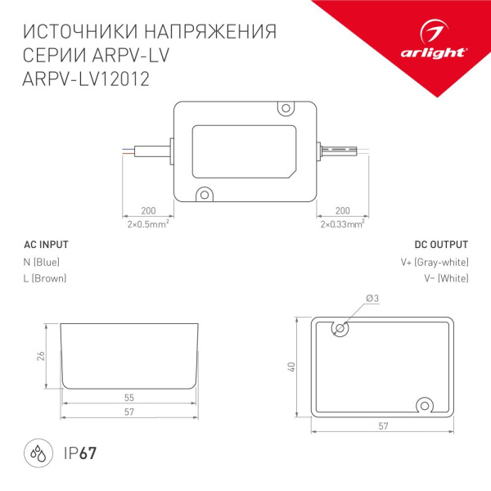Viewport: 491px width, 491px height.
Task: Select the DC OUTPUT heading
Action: pos(441,245)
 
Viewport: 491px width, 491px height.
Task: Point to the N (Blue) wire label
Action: pos(42,262)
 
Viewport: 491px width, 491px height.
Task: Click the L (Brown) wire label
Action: pos(46,279)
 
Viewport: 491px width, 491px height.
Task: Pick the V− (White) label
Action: pos(446,279)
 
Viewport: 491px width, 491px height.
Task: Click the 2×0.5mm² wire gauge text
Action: pos(148,223)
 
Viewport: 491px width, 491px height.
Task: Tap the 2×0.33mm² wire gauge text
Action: pos(341,223)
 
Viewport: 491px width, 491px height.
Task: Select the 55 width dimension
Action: pos(129,397)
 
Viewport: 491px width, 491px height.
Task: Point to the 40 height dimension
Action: pos(291,367)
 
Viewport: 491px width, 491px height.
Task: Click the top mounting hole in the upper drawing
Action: pos(286,108)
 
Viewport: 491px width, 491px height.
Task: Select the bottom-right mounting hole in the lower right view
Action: pos(426,404)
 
